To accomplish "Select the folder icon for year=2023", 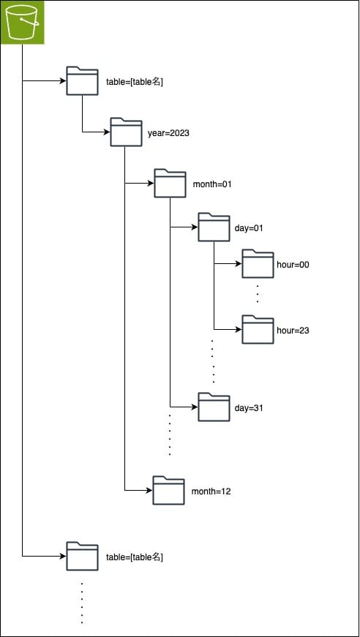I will click(126, 132).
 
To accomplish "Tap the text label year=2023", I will click(169, 133).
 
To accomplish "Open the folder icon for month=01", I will click(170, 184).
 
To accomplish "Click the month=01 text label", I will click(212, 184).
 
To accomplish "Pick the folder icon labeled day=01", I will click(214, 227).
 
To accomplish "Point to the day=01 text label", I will click(249, 228).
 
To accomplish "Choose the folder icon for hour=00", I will click(258, 264).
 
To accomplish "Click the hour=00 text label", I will click(293, 265).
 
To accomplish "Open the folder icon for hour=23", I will click(258, 330).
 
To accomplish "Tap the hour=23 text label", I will click(293, 331).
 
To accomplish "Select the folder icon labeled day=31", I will click(214, 407).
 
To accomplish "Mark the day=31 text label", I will click(249, 408).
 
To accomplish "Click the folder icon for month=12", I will click(168, 490).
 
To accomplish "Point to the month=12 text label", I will click(211, 491).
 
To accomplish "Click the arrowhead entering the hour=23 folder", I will click(238, 330).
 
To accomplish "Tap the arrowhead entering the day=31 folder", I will click(194, 407).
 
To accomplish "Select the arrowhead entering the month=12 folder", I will click(149, 490).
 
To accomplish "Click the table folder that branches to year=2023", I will click(82, 81).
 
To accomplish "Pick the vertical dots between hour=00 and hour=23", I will click(258, 293).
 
